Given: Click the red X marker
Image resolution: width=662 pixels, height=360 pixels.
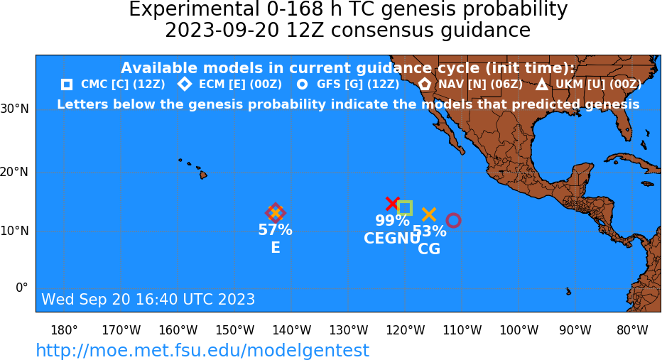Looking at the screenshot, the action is tap(393, 203).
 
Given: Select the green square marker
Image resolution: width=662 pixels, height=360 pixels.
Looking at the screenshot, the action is tap(405, 202).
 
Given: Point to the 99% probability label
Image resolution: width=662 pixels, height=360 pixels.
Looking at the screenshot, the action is tap(392, 220).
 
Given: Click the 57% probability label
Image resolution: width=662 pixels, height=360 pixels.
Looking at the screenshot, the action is tap(276, 230).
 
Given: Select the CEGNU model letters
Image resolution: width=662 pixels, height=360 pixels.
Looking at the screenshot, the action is tap(392, 239).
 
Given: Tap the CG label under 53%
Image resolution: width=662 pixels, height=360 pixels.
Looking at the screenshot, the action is tap(429, 249).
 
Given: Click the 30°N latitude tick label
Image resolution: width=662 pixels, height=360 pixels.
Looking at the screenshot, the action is tap(15, 109).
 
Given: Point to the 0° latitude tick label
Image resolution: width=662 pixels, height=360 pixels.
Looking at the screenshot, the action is tap(21, 288).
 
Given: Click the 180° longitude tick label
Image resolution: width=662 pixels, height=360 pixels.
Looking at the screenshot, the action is tap(64, 330).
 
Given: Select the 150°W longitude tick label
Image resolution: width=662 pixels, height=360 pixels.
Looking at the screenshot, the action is tap(234, 330).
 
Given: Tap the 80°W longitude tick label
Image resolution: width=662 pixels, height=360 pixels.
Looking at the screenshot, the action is tap(632, 330).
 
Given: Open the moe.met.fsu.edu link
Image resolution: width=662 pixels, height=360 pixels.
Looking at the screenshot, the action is tap(202, 350).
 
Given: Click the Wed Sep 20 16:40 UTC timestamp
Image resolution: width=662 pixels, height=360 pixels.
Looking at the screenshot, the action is tap(148, 299).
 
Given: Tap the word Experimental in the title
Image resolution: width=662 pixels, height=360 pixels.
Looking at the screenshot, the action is tap(193, 9).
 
